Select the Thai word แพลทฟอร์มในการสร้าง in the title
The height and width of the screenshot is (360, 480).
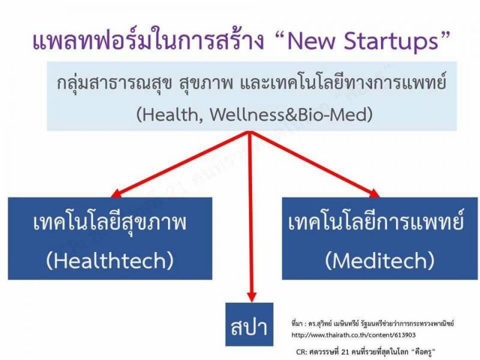point(148,40)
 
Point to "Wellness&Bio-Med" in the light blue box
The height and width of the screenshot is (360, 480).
point(291,115)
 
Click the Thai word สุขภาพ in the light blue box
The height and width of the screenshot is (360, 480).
point(205,83)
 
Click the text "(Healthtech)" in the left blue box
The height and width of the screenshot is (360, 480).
point(110,260)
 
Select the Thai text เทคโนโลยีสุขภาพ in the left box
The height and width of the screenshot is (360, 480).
point(110,223)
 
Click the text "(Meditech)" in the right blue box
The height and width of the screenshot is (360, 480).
point(380,260)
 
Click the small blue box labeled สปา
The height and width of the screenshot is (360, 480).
point(249,325)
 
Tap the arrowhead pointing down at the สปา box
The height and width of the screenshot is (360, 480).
point(251,296)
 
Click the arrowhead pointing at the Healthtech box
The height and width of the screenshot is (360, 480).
point(116,193)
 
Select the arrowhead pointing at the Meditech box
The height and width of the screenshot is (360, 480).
point(374,193)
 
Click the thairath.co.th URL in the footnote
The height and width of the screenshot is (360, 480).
point(353,335)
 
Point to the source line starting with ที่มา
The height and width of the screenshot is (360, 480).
point(373,323)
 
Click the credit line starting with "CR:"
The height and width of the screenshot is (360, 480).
point(366,352)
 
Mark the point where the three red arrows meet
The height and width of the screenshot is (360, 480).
point(250,133)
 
